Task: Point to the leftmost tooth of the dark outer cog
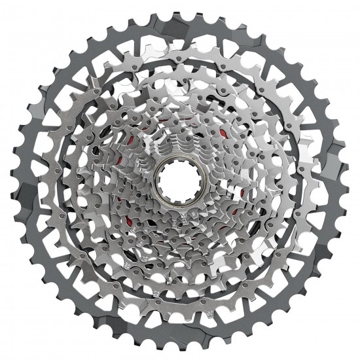[x=8, y=181]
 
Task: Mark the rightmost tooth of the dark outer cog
[x=352, y=180]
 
